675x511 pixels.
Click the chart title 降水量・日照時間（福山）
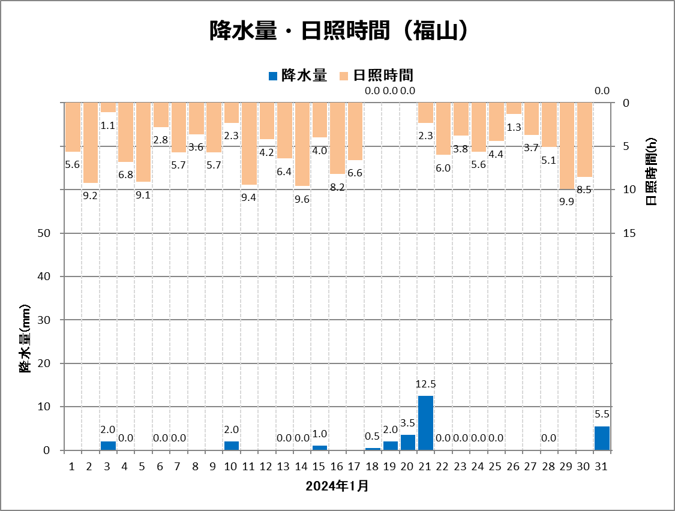click(x=337, y=31)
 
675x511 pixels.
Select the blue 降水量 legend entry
click(x=297, y=75)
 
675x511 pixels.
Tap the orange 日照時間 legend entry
click(x=376, y=75)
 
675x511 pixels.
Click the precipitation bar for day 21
click(x=425, y=423)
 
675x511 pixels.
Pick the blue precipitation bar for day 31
click(x=602, y=438)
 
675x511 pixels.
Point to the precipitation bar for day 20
click(x=408, y=443)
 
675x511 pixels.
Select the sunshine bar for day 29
click(x=567, y=146)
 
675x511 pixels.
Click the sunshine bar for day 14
click(x=302, y=144)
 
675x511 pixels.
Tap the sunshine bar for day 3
click(x=108, y=107)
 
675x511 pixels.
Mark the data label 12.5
click(x=425, y=383)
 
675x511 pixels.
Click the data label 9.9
click(x=566, y=202)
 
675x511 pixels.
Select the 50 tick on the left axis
click(x=50, y=233)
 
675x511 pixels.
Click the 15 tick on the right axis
click(x=630, y=233)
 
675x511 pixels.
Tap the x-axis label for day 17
click(x=355, y=466)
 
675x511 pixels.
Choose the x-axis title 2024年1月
click(x=337, y=486)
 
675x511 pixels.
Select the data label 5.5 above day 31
click(x=602, y=414)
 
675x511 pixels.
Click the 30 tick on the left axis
click(x=50, y=320)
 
